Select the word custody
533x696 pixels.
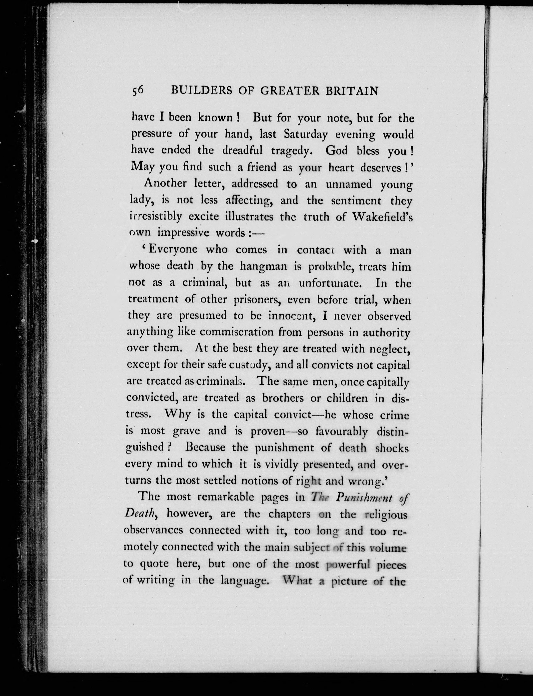[248, 365]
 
